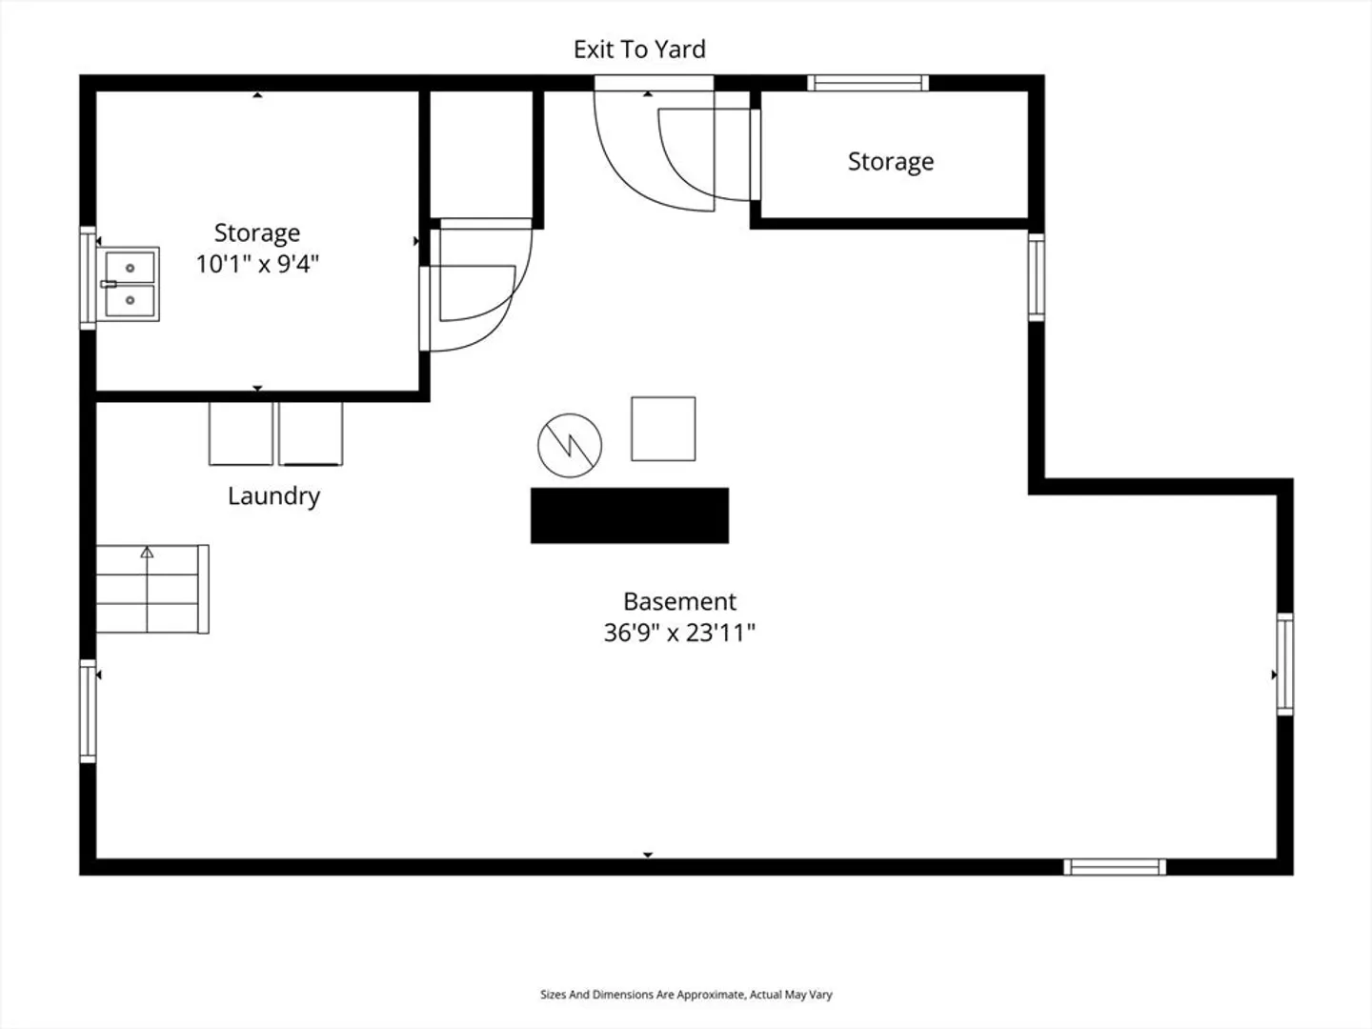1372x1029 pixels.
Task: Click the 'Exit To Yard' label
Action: pos(639,50)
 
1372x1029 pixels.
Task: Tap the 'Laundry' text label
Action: pos(273,496)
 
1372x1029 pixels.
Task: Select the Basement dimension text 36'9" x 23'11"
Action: pos(679,633)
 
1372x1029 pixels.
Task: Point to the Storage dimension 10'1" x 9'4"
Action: pos(257,264)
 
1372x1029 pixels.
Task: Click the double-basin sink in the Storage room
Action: pos(129,284)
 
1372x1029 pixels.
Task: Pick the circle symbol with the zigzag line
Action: pos(570,446)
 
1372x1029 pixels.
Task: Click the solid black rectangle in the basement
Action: pos(630,515)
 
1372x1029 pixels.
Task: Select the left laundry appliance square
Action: pos(241,434)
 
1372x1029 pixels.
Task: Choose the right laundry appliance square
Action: pos(311,434)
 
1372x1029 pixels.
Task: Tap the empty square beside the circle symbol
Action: pos(663,429)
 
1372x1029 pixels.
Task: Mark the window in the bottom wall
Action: pos(1115,867)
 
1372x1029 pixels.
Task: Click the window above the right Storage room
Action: pos(868,83)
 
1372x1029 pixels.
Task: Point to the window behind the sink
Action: pos(88,278)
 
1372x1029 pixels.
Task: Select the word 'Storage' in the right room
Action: pos(891,162)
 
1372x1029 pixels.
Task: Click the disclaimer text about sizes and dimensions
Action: pos(686,994)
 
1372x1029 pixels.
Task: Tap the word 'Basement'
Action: pos(679,601)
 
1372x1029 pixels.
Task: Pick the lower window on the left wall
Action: pos(88,711)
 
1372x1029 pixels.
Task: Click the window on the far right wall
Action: pos(1285,664)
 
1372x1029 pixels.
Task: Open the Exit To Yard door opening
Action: pos(654,83)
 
